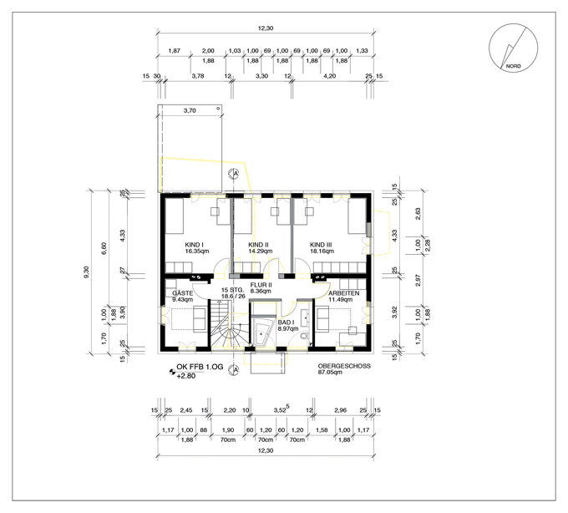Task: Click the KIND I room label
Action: [194, 245]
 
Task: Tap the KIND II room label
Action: [258, 245]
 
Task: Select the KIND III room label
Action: [321, 245]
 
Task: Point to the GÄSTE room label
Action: [183, 293]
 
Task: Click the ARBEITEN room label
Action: [344, 293]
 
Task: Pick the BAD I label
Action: [286, 322]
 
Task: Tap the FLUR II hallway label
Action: [261, 285]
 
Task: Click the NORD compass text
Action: [514, 66]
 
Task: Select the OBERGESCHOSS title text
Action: [344, 366]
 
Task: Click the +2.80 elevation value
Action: [185, 376]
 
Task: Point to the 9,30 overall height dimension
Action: [86, 272]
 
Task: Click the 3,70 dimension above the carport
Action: [190, 111]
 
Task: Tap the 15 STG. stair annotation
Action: [232, 290]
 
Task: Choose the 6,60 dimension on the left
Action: [104, 248]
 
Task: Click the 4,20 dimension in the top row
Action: [329, 76]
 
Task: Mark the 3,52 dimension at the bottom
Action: [280, 410]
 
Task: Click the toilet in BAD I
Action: [303, 336]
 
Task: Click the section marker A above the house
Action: [234, 174]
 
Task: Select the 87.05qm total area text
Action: [330, 372]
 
